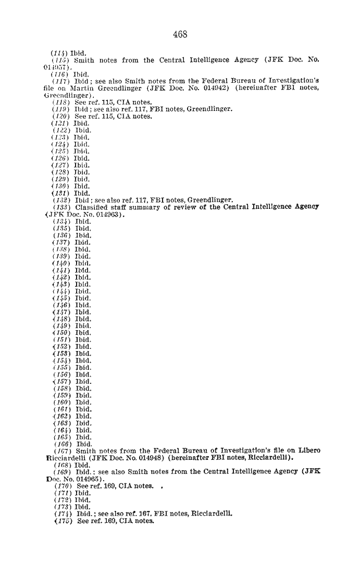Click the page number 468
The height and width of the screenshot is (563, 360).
180,35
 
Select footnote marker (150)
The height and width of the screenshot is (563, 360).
61,333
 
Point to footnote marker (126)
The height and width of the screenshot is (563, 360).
61,158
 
